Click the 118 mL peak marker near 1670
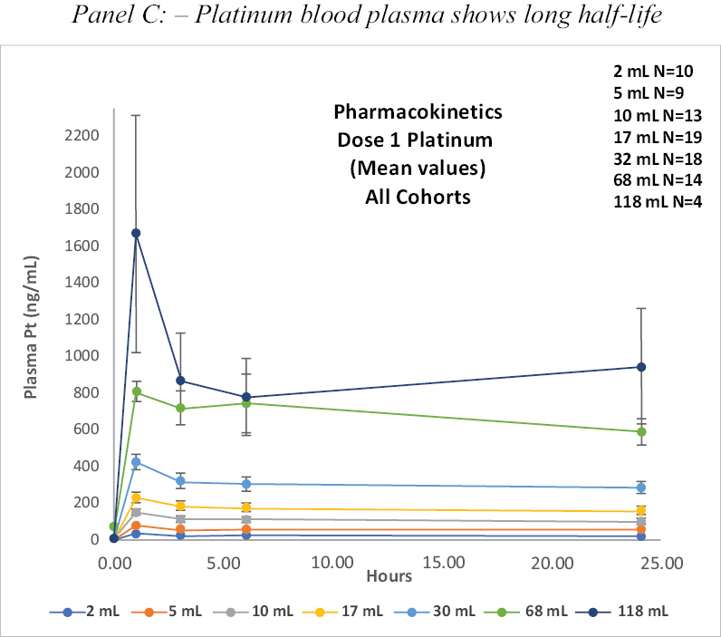point(136,233)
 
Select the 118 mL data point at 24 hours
point(641,367)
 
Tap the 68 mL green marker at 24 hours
point(641,432)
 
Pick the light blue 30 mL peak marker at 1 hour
point(136,462)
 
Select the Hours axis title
point(389,576)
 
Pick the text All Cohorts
point(418,196)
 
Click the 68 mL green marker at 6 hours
point(245,403)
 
